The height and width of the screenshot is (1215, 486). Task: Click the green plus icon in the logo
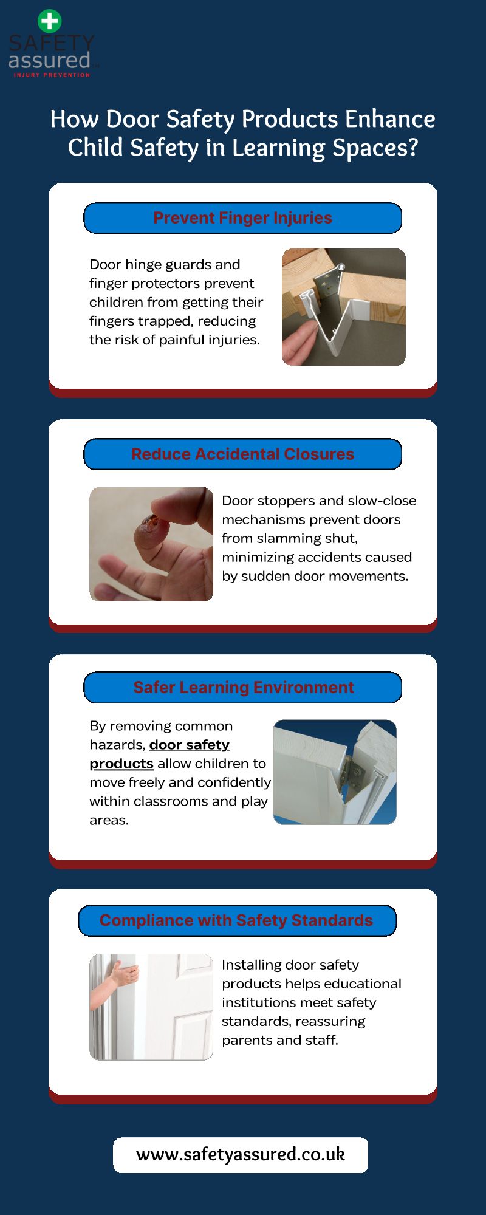(x=50, y=21)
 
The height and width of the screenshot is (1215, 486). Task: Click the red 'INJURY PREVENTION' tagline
(x=52, y=75)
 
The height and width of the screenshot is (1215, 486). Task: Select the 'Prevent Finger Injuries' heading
(x=242, y=218)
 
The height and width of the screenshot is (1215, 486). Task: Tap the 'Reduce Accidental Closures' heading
(x=242, y=454)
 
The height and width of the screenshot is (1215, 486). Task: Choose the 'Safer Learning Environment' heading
(x=243, y=688)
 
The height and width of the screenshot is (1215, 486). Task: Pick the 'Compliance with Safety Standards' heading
(x=236, y=920)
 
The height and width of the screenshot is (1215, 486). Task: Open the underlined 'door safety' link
(x=190, y=745)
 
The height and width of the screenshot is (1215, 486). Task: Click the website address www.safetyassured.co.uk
(x=241, y=1154)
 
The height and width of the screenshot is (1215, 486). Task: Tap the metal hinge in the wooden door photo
(x=326, y=282)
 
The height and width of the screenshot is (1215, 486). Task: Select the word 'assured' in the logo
(x=49, y=60)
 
